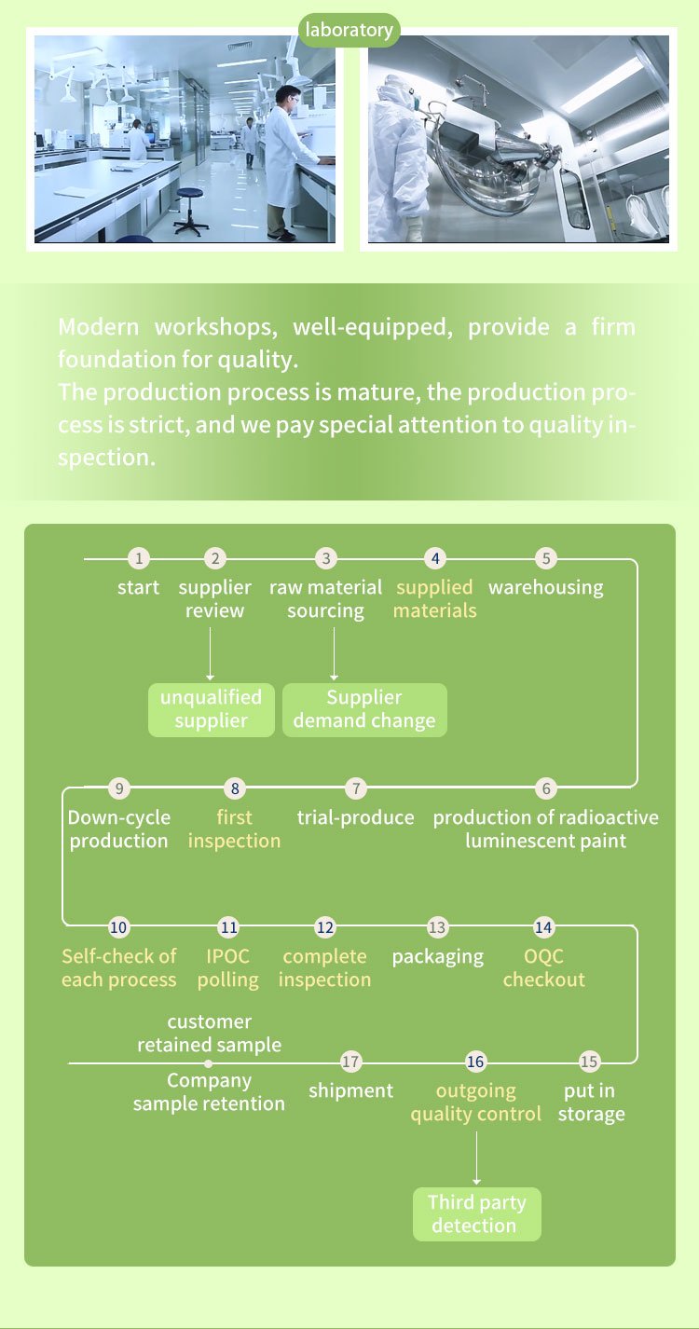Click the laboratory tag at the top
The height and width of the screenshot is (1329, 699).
349,30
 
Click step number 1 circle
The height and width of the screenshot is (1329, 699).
139,558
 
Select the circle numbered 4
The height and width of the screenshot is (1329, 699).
435,558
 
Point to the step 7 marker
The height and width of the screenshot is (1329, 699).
356,788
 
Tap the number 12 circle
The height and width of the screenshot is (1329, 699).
325,927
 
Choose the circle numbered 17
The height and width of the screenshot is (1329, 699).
350,1062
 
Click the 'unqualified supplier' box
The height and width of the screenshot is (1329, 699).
212,709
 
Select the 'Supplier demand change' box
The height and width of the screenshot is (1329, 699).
364,709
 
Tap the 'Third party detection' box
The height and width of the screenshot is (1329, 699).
477,1213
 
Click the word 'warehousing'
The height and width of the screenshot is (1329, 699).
546,587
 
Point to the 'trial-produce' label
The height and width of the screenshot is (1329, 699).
355,817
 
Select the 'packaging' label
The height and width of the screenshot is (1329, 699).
438,957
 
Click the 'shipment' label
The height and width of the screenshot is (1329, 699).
350,1091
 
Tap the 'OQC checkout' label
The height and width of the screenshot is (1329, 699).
544,967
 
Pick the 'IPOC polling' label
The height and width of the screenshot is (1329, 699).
227,968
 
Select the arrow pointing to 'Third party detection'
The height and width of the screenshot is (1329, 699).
476,1158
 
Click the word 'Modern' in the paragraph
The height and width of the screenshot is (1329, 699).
99,327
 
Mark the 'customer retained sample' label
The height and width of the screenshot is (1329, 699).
210,1033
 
